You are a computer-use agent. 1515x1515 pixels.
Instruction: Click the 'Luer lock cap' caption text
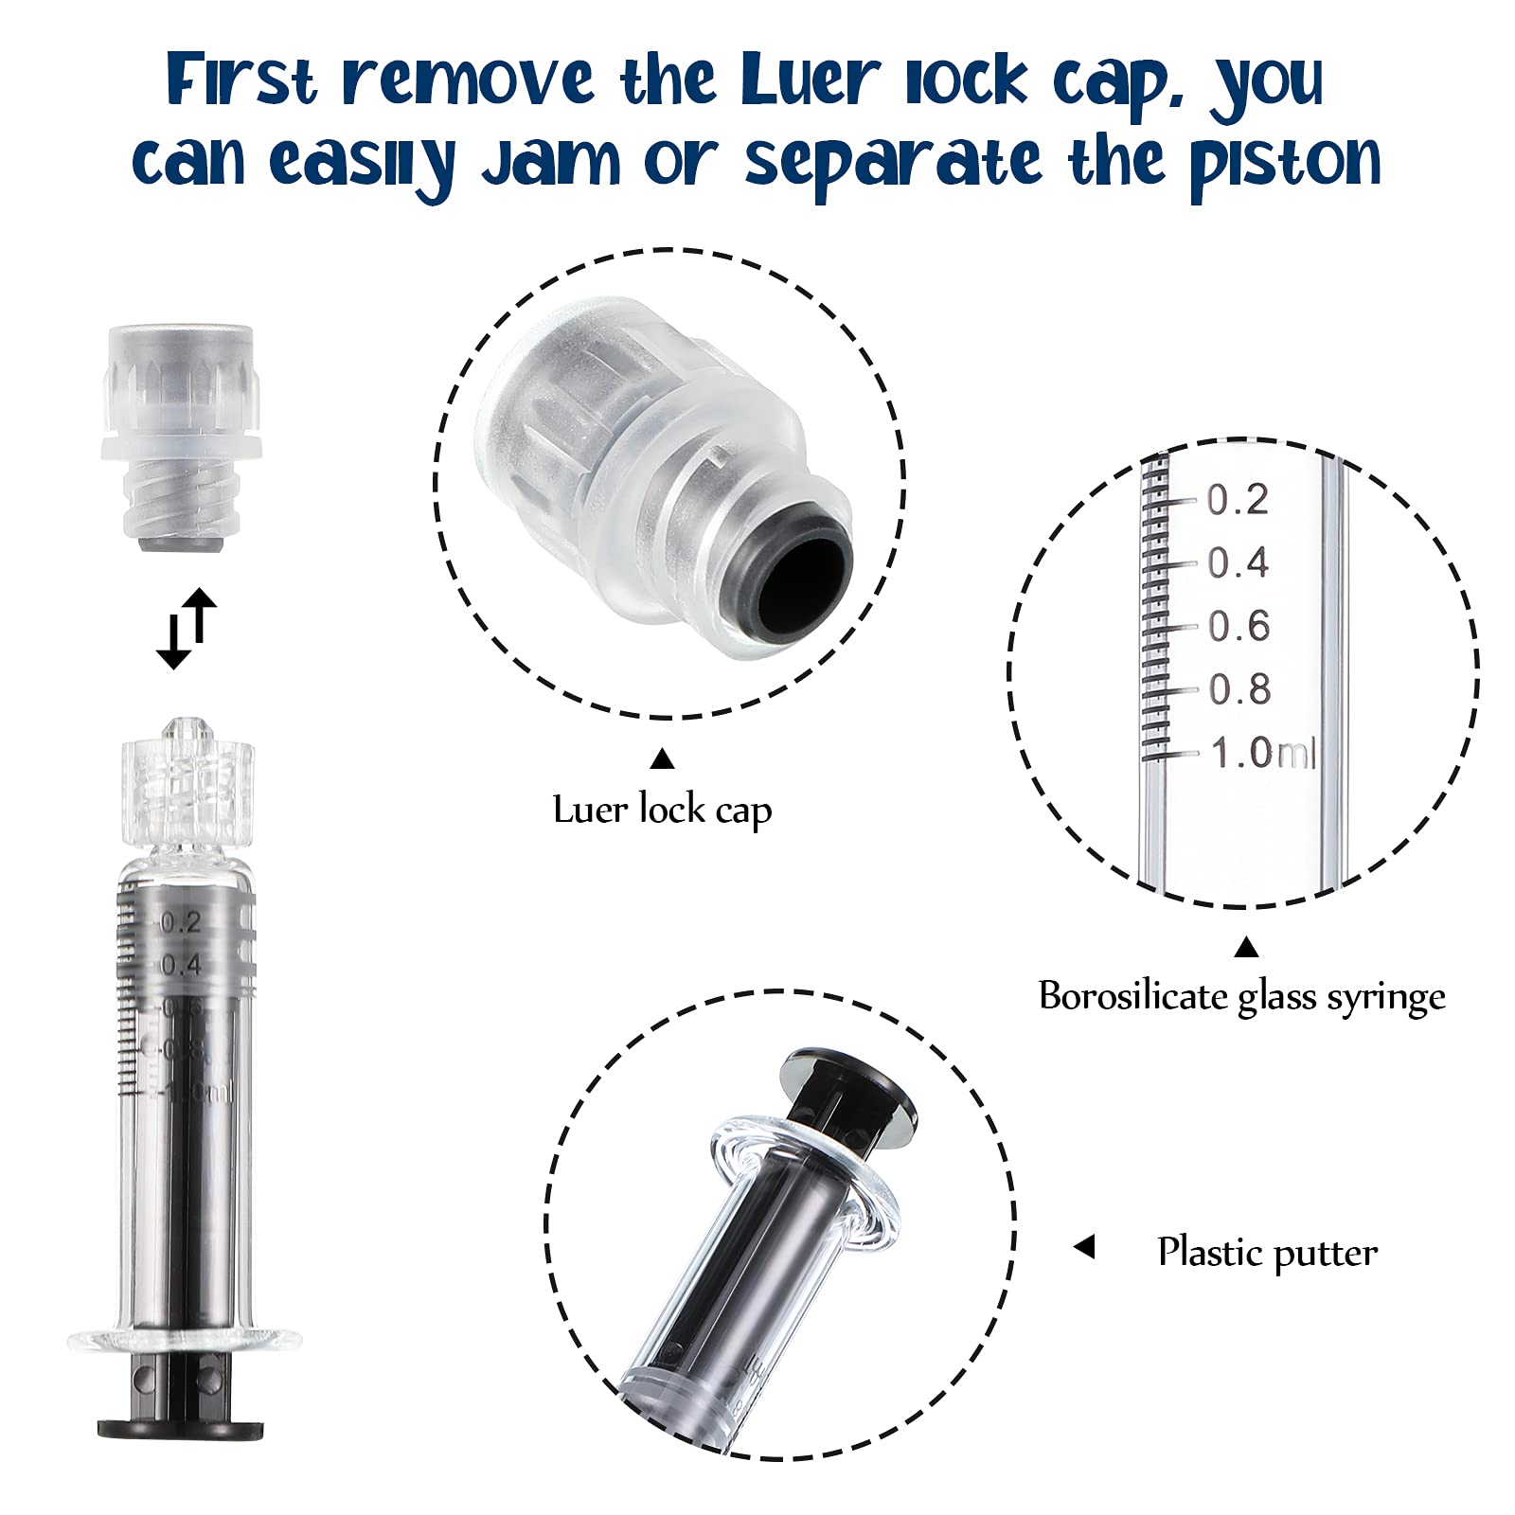pyautogui.click(x=662, y=811)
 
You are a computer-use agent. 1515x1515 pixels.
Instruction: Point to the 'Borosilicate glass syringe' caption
pyautogui.click(x=1241, y=996)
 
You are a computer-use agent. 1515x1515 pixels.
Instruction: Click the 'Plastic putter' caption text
pyautogui.click(x=1267, y=1253)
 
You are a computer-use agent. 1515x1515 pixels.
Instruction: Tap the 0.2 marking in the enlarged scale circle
pyautogui.click(x=1238, y=501)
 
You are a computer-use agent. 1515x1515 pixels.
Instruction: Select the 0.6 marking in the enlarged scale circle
pyautogui.click(x=1239, y=627)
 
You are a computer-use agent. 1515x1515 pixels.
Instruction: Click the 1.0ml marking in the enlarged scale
pyautogui.click(x=1262, y=754)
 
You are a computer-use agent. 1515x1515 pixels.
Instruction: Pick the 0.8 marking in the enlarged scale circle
pyautogui.click(x=1239, y=690)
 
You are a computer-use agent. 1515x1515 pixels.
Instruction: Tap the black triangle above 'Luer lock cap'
pyautogui.click(x=663, y=758)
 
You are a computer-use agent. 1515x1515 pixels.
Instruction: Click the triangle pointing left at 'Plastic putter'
pyautogui.click(x=1085, y=1247)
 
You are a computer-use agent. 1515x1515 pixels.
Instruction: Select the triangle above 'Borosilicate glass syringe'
pyautogui.click(x=1246, y=947)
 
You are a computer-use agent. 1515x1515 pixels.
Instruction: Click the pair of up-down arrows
pyautogui.click(x=187, y=628)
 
